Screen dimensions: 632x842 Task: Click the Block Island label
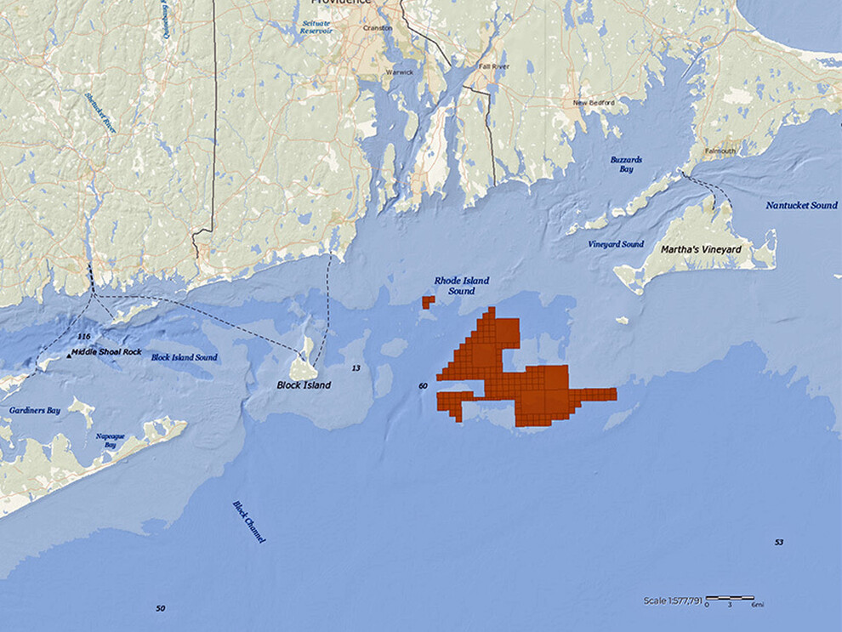304,385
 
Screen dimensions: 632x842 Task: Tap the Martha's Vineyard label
702,250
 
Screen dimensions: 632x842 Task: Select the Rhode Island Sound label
462,286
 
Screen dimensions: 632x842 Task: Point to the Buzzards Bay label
626,164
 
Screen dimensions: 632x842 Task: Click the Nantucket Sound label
801,206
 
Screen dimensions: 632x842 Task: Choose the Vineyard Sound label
616,245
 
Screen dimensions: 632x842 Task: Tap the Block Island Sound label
184,357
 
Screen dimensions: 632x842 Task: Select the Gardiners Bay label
35,411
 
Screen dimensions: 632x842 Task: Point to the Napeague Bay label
111,440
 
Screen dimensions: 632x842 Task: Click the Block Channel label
249,521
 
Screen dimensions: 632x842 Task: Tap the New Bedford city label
592,103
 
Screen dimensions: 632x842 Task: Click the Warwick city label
399,72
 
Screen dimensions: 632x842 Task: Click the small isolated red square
428,302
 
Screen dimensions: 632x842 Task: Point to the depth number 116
83,337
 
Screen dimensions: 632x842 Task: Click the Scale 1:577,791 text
673,601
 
